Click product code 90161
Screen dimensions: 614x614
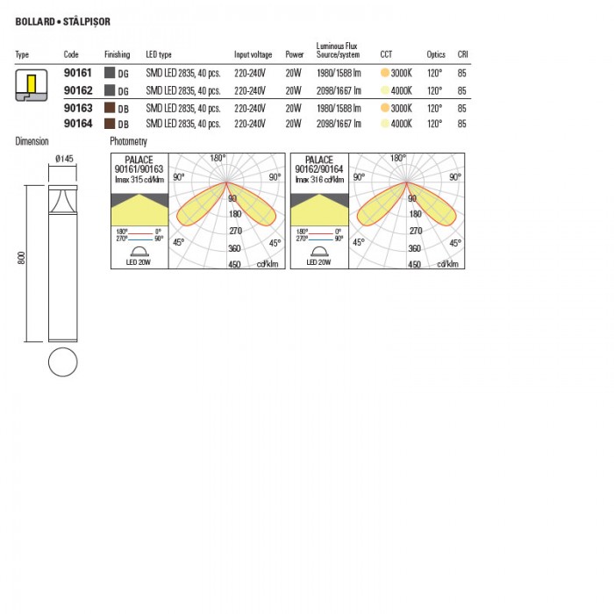click(78, 73)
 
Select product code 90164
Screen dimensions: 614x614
click(78, 124)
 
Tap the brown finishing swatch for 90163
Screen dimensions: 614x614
click(110, 108)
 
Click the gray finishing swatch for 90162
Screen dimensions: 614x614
click(110, 90)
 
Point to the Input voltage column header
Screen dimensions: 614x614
click(253, 54)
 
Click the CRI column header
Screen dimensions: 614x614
click(463, 54)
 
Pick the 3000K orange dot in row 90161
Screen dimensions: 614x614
click(385, 73)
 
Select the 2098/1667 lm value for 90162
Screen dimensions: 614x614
click(339, 91)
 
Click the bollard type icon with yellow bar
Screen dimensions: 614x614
click(32, 85)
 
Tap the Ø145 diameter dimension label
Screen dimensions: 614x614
click(64, 159)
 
